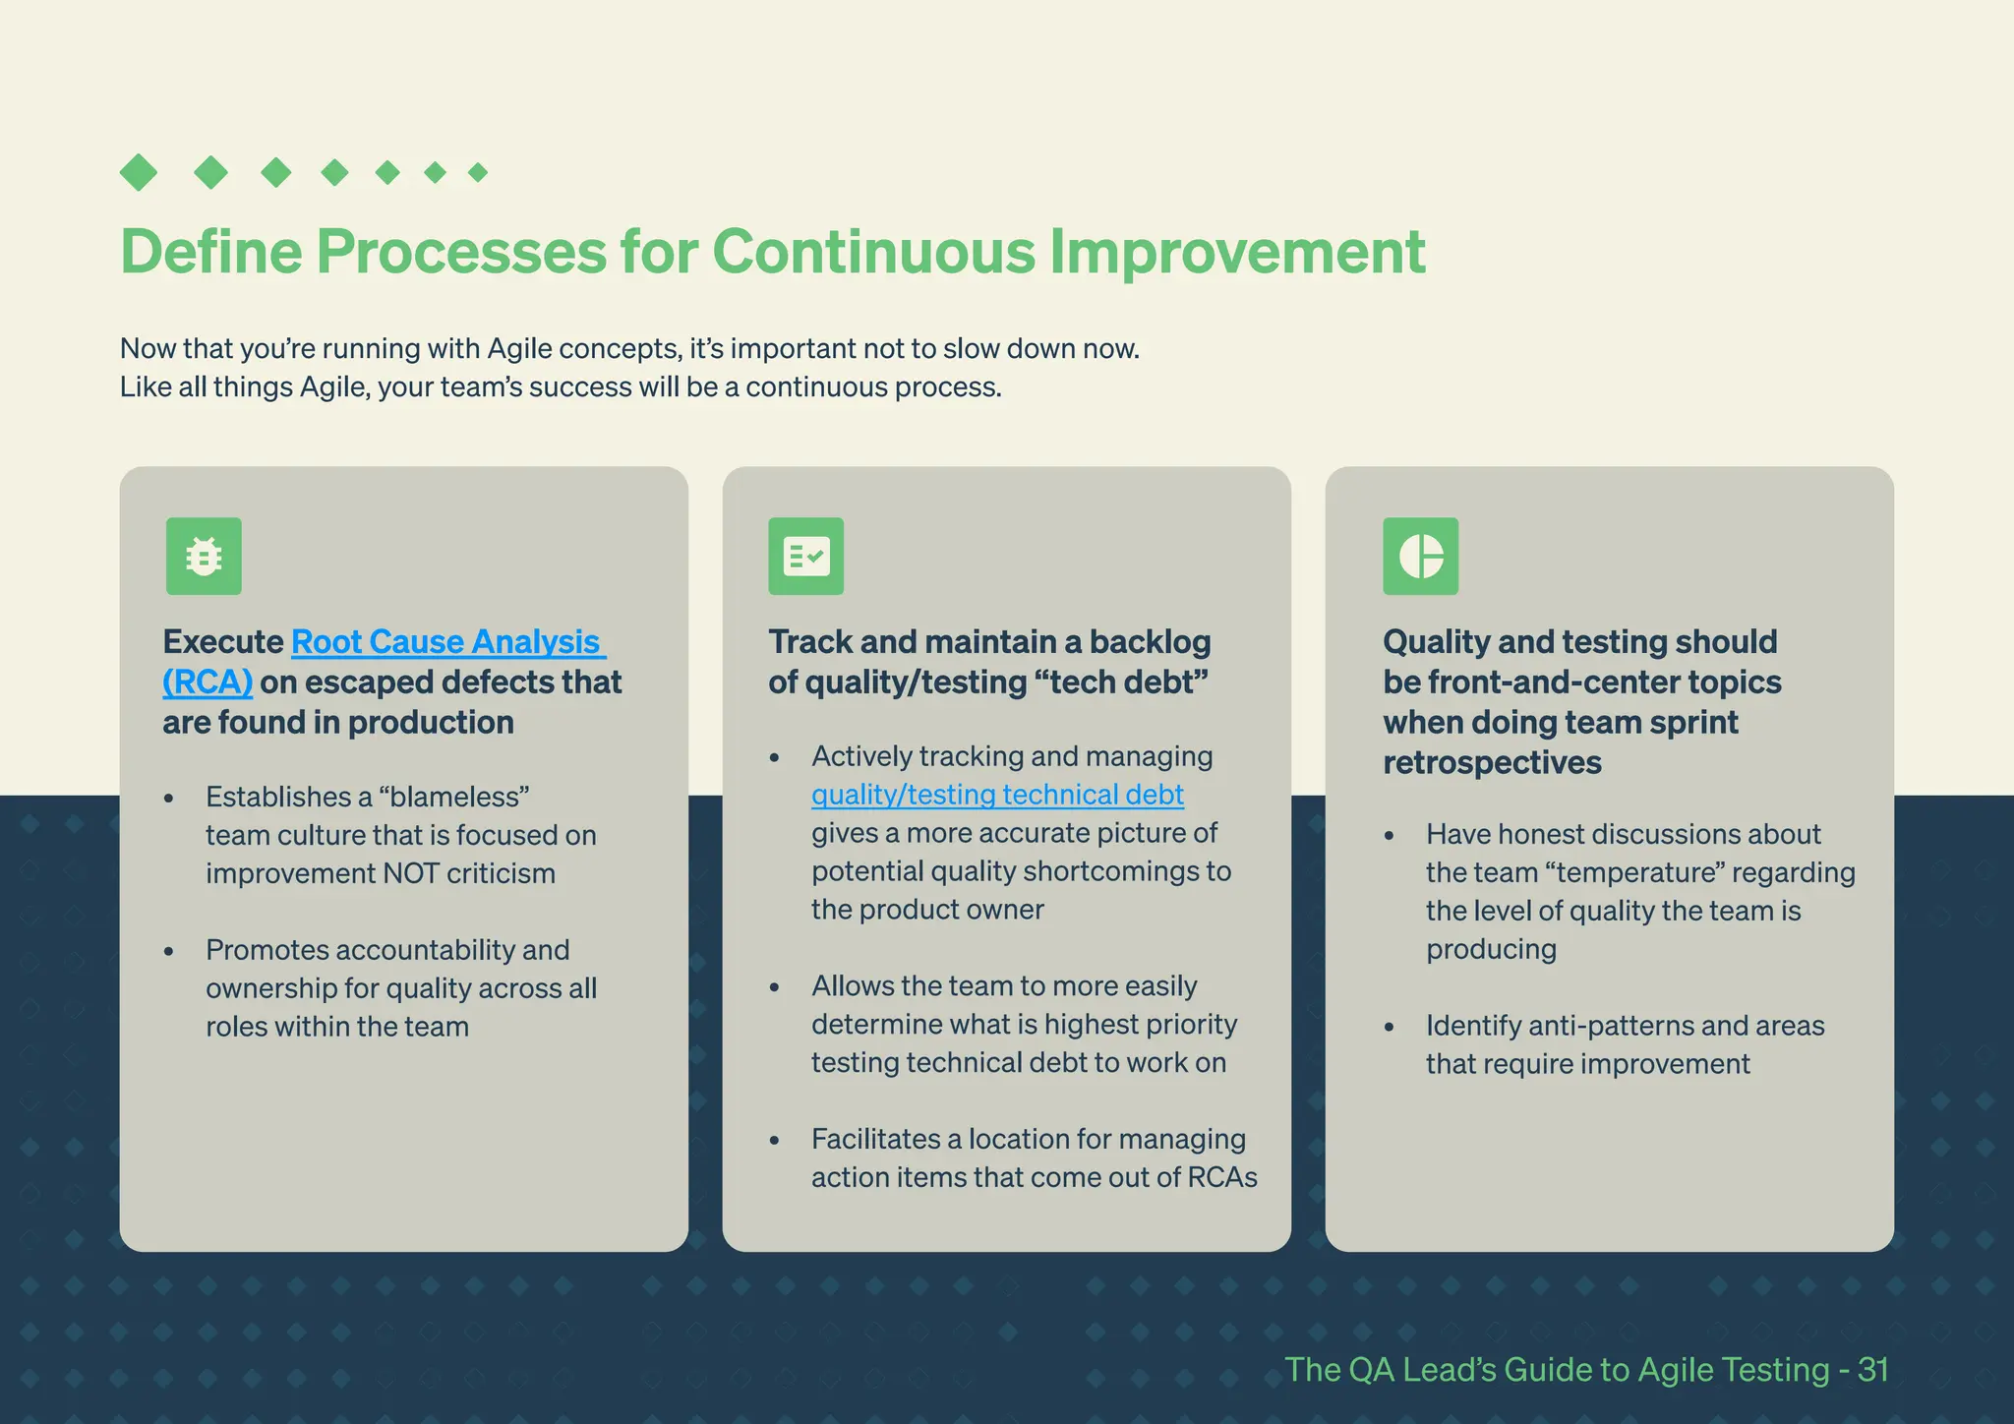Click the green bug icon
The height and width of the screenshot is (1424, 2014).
coord(204,557)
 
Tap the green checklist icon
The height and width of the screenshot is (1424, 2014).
coord(805,557)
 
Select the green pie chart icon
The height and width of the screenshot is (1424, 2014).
coord(1420,557)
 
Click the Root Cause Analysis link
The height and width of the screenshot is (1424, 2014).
coord(445,642)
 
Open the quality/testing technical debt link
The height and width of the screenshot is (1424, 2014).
coord(997,795)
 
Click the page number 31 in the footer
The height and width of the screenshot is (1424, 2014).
coord(1872,1370)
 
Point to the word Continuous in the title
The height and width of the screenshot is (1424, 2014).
coord(873,252)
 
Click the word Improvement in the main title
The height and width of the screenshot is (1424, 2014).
coord(1236,252)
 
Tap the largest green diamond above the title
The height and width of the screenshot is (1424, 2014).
coord(139,173)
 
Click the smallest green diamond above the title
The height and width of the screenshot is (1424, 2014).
coord(478,173)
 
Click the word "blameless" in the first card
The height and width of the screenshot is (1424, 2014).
coord(453,797)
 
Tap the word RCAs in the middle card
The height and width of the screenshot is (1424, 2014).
coord(1221,1178)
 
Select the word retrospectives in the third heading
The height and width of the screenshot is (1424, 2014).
coord(1492,763)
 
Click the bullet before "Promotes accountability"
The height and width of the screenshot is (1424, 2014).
coord(169,952)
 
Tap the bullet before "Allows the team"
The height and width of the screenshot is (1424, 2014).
coord(775,987)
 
